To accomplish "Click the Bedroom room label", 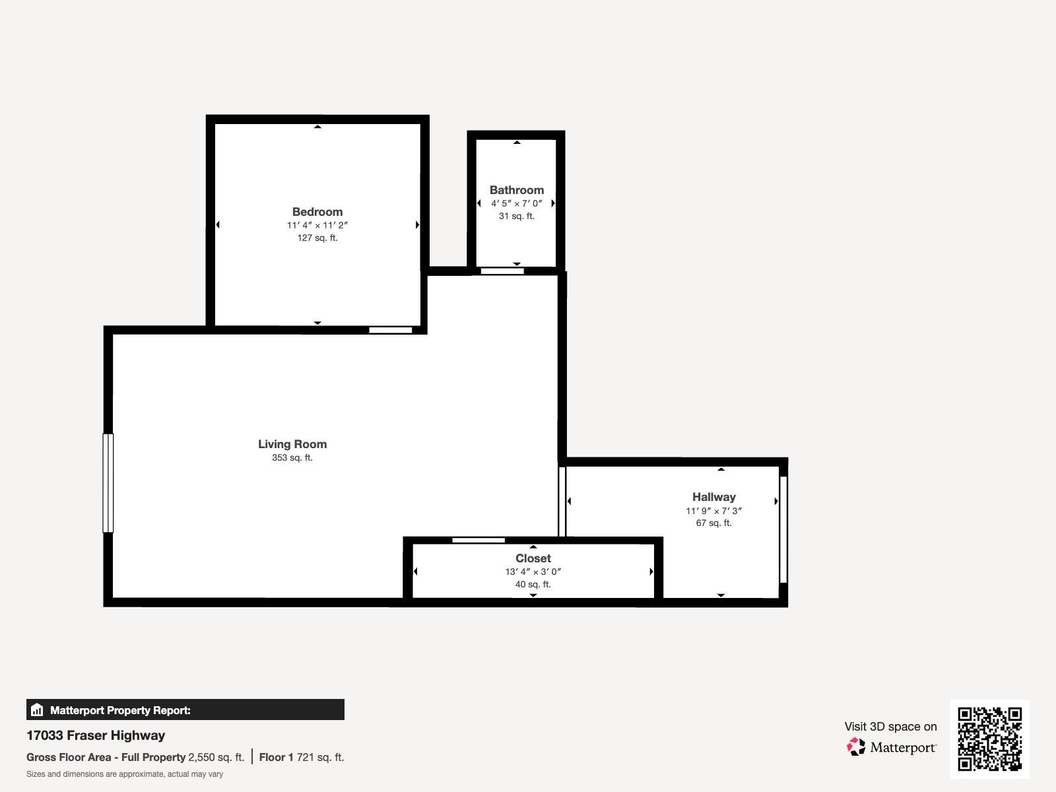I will coord(317,212).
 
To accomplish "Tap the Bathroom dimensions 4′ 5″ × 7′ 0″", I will coord(516,203).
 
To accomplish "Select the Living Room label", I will coord(292,444).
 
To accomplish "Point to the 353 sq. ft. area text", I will coord(292,457).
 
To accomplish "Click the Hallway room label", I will coord(713,497).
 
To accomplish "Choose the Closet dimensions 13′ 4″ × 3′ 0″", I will coord(533,572).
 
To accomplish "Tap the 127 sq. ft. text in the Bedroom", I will coord(317,238).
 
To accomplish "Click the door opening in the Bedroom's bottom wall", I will coord(390,330).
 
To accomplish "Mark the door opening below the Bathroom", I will coord(502,271).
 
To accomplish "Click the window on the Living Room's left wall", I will coord(108,482).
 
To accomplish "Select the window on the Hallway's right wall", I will coord(783,529).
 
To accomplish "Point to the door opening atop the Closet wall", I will coord(478,541).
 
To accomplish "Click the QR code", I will coord(989,739).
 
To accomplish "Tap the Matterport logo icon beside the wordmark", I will coord(856,747).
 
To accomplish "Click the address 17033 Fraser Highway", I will coord(96,735).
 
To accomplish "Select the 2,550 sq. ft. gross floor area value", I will coord(216,757).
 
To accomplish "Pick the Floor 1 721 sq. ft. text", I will coord(302,757).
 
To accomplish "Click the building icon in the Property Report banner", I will coord(37,710).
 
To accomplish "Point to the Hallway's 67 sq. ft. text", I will coord(713,523).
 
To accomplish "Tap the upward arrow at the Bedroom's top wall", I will coord(317,127).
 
